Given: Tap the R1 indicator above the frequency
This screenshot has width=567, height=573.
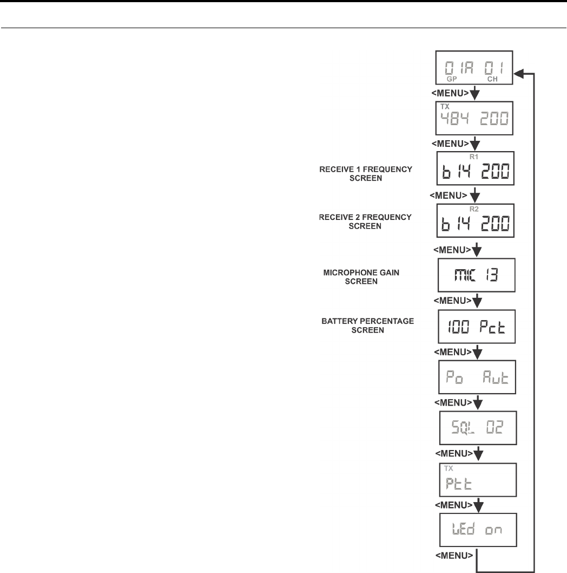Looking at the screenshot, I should click(470, 155).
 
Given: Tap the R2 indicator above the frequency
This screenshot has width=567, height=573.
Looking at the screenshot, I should click(470, 207).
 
